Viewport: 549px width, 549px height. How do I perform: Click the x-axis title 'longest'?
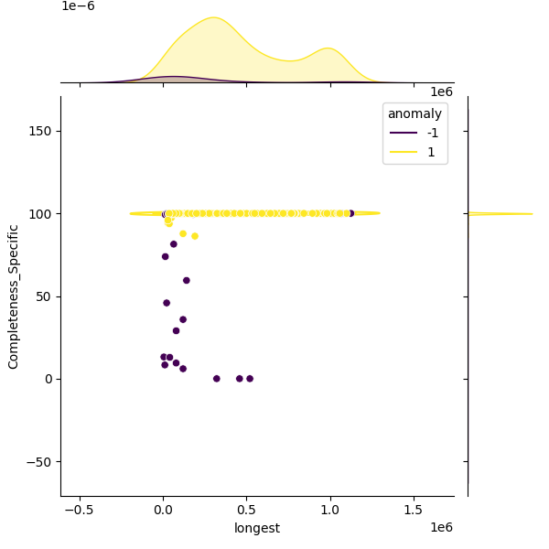tap(257, 528)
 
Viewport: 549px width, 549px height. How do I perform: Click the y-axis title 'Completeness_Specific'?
tap(14, 296)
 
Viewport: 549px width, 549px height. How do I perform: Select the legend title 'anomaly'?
tap(414, 113)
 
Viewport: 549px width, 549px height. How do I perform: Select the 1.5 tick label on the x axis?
tap(414, 510)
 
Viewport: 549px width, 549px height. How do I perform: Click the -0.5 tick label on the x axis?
tap(80, 510)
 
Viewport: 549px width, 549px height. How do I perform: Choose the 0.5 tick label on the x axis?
tap(247, 510)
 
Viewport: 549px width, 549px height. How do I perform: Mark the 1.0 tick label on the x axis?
tap(330, 510)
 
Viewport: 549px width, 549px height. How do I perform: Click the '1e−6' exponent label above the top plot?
tap(78, 6)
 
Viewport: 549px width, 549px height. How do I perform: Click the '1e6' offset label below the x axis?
tap(441, 528)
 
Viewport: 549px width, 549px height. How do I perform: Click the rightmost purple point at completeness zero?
tap(250, 379)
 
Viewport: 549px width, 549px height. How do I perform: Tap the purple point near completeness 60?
tap(187, 281)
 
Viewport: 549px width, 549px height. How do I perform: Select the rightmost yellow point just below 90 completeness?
tap(195, 236)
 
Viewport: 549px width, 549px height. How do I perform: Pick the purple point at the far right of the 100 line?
tap(350, 213)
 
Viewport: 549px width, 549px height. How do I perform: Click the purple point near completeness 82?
tap(174, 244)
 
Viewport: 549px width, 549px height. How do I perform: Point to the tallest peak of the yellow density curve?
tap(213, 17)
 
